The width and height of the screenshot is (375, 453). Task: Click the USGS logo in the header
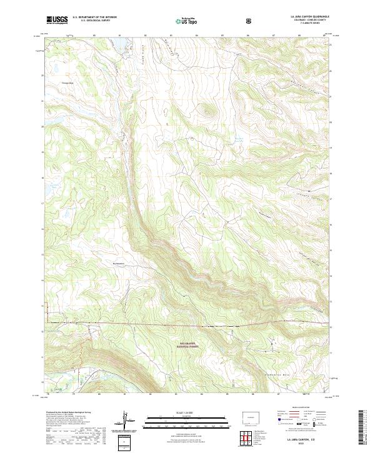coord(57,21)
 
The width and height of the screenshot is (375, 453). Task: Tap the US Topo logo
coord(181,21)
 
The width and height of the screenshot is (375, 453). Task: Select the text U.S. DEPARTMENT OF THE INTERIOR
coord(94,18)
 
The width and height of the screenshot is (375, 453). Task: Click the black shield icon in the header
coord(251,21)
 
